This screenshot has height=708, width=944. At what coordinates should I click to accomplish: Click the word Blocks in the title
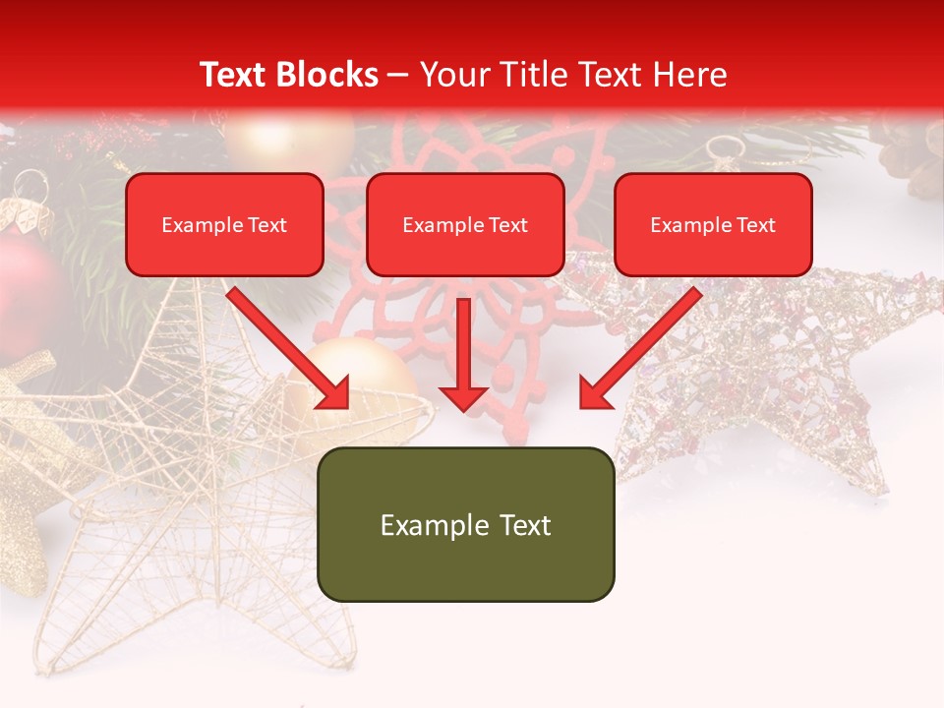[329, 75]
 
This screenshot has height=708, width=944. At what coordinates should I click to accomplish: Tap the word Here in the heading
[688, 75]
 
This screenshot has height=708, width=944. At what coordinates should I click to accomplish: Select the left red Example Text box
[224, 224]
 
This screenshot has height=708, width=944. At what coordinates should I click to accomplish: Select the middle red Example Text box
[465, 224]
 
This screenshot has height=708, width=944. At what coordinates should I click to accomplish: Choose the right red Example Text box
[713, 224]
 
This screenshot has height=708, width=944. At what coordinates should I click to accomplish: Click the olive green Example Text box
[465, 524]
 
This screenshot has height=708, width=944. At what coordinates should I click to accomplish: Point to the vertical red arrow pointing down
[463, 354]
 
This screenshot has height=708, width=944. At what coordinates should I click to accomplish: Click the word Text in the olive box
[520, 525]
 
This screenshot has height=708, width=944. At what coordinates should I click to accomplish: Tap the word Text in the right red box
[755, 225]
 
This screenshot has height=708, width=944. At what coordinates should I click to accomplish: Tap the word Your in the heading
[449, 75]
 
